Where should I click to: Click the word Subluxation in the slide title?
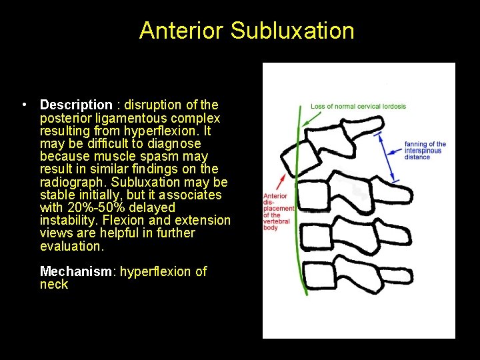(x=292, y=31)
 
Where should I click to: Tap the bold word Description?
(x=76, y=105)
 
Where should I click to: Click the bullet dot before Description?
(x=23, y=105)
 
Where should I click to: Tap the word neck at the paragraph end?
(x=54, y=284)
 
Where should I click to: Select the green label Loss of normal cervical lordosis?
(x=358, y=107)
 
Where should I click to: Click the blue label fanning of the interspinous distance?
(x=425, y=151)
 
